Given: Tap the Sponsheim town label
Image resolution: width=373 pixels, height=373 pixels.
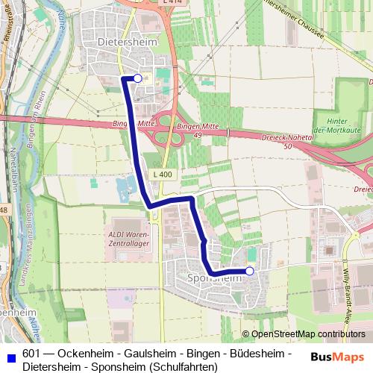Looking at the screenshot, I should click(x=211, y=277).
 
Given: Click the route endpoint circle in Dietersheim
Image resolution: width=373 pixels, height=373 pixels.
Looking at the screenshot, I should click(x=137, y=78).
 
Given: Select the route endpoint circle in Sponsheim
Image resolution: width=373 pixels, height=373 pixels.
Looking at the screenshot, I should click(x=249, y=272).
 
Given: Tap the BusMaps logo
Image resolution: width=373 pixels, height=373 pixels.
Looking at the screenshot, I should click(x=338, y=356).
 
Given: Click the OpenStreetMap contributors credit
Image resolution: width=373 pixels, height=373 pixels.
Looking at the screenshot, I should click(x=308, y=334).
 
